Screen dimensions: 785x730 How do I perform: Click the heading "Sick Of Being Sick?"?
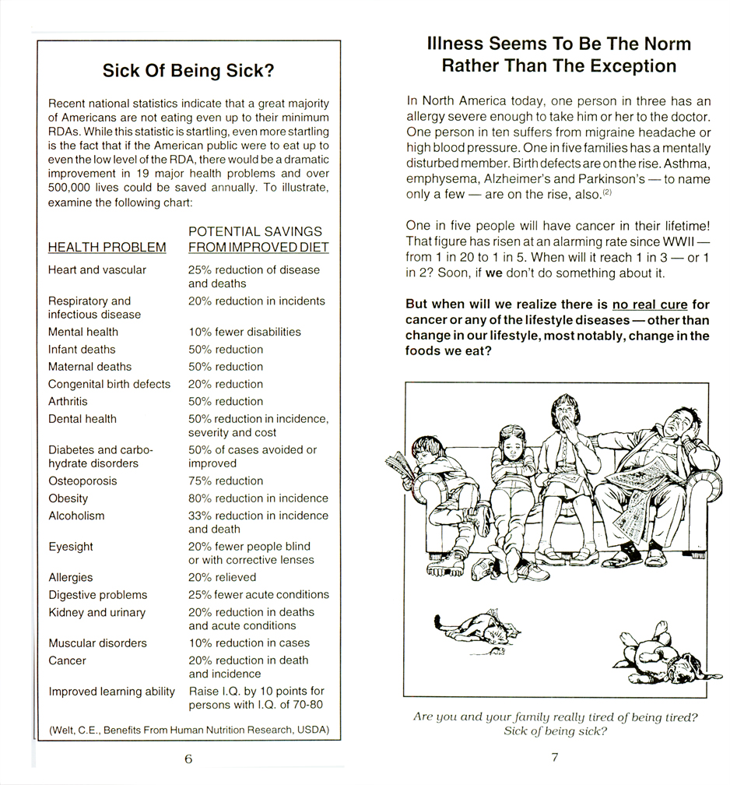tap(188, 72)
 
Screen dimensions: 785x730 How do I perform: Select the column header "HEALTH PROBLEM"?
tap(107, 248)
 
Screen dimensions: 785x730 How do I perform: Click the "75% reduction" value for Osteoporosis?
tap(226, 481)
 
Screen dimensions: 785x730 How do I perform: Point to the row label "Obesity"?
tap(68, 498)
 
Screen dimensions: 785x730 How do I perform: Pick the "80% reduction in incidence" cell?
tap(258, 498)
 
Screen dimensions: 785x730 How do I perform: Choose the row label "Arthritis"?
tap(68, 402)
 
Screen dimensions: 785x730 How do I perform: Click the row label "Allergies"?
tap(70, 578)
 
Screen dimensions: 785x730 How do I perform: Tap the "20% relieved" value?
tap(222, 578)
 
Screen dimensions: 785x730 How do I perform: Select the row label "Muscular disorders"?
tap(97, 643)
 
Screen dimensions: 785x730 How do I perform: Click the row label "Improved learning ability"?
tap(111, 692)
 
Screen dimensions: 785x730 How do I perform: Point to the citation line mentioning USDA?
tap(188, 730)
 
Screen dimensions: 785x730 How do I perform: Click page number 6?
tap(188, 759)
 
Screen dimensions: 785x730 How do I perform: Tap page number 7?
tap(555, 757)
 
